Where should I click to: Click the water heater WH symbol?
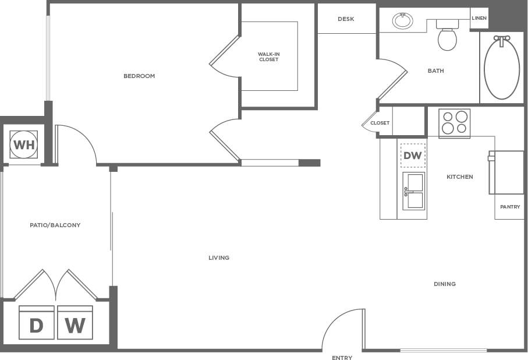point(24,144)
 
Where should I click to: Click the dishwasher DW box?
point(413,156)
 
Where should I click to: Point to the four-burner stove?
point(454,123)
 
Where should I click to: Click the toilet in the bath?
point(447,38)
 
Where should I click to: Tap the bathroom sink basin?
point(402,22)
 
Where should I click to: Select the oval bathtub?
point(502,69)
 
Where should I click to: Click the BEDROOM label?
point(139,76)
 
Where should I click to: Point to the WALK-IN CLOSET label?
point(268,57)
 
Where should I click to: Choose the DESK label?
point(346,19)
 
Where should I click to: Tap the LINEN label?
point(479,18)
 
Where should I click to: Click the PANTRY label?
point(510,207)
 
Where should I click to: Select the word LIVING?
point(219,257)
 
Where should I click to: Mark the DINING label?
point(445,284)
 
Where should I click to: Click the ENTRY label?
point(342,358)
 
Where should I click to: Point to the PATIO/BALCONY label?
point(55,225)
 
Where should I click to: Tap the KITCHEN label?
point(460,177)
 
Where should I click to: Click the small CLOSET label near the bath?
point(380,123)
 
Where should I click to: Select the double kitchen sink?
point(413,191)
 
